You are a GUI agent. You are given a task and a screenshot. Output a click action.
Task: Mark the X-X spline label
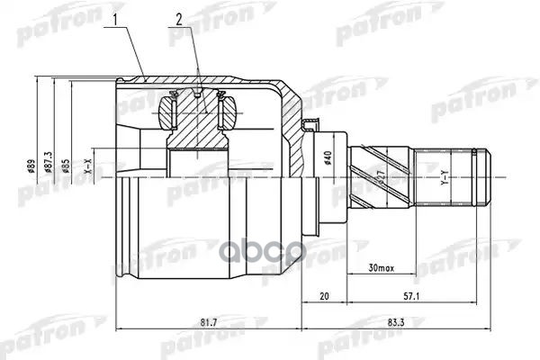(x=87, y=166)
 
